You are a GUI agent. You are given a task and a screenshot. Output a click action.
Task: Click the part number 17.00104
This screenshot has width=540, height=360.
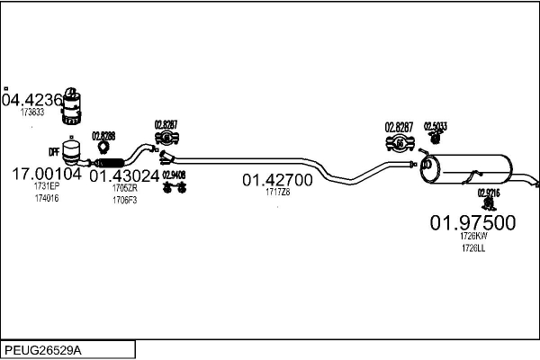pos(46,174)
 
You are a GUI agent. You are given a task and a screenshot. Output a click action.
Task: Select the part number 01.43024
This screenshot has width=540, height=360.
pos(124,176)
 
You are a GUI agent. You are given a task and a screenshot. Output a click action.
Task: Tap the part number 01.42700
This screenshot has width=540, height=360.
pos(277,180)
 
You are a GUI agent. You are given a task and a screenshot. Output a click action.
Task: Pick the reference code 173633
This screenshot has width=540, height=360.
pos(31,112)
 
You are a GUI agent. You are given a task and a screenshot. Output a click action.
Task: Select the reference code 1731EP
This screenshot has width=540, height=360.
pos(46,186)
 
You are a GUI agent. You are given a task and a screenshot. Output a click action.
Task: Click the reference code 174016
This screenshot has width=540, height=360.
pos(46,197)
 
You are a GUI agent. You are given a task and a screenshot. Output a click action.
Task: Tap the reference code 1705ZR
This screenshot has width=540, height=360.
pos(124,188)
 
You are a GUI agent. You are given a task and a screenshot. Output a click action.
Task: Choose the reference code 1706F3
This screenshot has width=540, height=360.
pos(124,199)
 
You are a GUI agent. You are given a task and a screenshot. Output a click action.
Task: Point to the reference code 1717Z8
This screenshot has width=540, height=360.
pos(277,192)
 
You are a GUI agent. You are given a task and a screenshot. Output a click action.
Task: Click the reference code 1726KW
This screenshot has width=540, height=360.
pos(472,237)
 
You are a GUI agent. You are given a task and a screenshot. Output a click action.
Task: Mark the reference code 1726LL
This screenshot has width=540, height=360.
pos(472,247)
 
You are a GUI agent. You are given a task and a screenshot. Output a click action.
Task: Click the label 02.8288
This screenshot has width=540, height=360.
pos(103,135)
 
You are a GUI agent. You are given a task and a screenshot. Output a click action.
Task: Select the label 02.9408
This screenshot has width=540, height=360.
pos(174,175)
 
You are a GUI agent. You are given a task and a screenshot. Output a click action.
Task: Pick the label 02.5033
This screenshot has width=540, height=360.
pos(436,126)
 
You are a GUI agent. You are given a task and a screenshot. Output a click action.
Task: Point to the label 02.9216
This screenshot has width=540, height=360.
pos(488,193)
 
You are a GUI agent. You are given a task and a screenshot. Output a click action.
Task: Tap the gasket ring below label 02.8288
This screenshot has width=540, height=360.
pos(104,148)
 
